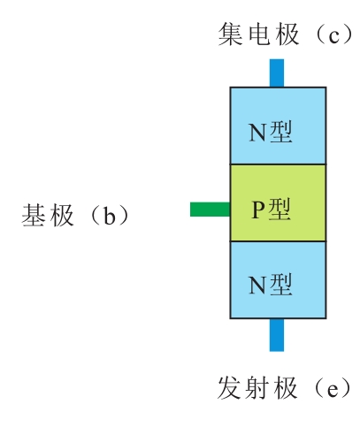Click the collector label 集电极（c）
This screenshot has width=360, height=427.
pos(285,34)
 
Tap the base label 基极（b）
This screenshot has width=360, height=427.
pos(75,216)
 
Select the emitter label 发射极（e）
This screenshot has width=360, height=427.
pos(284,388)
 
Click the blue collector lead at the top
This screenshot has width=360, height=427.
pos(277,73)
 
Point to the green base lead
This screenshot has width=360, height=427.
pos(210,210)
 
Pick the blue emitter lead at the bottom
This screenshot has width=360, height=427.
pos(277,335)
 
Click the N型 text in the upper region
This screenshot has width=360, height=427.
pos(271,132)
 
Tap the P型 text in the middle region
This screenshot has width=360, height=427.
pos(271,210)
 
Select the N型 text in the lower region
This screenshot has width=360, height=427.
pos(271,285)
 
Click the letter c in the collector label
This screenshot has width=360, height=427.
pos(333,36)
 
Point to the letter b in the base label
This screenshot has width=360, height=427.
pos(109,216)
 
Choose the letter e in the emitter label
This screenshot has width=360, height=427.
pos(332,390)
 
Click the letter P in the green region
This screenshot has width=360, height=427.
pos(258,210)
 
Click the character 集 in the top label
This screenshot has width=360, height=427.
pos(230,34)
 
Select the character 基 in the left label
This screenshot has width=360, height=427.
pos(33,216)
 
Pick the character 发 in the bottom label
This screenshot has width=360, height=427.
pos(229,388)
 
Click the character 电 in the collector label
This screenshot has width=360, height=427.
pos(259,34)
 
